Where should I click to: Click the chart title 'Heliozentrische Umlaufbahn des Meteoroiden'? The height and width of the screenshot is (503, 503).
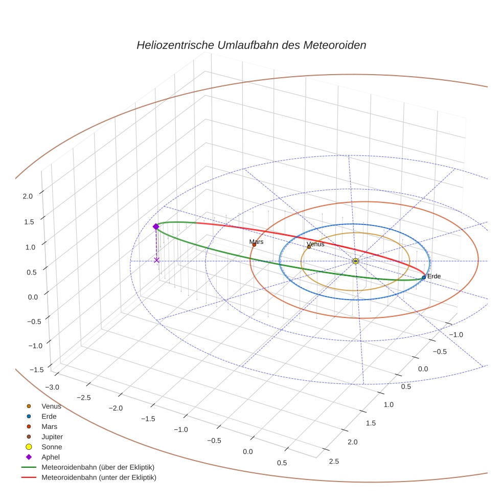251,45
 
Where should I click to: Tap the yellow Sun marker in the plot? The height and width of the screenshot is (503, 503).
355,261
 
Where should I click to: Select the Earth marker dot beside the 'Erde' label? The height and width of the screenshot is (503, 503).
424,277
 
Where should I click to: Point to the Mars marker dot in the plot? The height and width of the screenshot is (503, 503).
254,245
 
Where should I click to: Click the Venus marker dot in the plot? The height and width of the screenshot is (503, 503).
309,247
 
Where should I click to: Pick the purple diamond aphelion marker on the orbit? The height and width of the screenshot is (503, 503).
156,226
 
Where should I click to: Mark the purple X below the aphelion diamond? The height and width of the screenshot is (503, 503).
156,260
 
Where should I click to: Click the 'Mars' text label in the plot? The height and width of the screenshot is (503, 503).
256,241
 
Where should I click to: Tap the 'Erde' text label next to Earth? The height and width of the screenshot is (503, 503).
433,276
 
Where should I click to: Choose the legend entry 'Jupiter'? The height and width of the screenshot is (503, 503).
52,437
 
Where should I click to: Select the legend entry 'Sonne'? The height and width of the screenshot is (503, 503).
52,447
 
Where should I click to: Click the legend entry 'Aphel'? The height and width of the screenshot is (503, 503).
50,457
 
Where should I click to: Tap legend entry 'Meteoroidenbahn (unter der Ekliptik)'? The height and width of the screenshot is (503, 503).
99,477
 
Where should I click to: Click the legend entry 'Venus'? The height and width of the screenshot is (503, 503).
51,406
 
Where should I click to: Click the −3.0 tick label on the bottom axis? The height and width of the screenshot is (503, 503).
52,387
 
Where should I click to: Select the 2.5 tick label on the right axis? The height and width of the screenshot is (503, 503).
334,462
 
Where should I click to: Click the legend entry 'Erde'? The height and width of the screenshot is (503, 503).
49,417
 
